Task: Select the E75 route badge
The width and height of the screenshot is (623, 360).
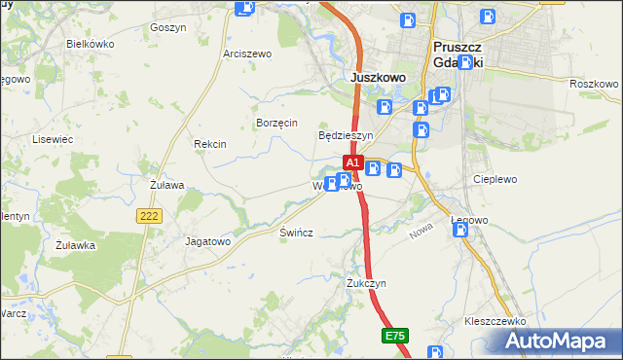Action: [x=394, y=336]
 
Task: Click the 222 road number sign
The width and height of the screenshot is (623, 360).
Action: [x=148, y=217]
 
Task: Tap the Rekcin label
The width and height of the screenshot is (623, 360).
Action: [x=210, y=144]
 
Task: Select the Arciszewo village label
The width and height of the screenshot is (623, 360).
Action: [x=247, y=54]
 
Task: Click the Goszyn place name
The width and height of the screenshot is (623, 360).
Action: [x=168, y=28]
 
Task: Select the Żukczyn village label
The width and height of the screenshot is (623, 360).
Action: [x=367, y=283]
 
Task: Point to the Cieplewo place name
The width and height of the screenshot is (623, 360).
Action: [x=495, y=180]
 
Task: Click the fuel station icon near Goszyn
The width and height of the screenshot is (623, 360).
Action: [x=245, y=9]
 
